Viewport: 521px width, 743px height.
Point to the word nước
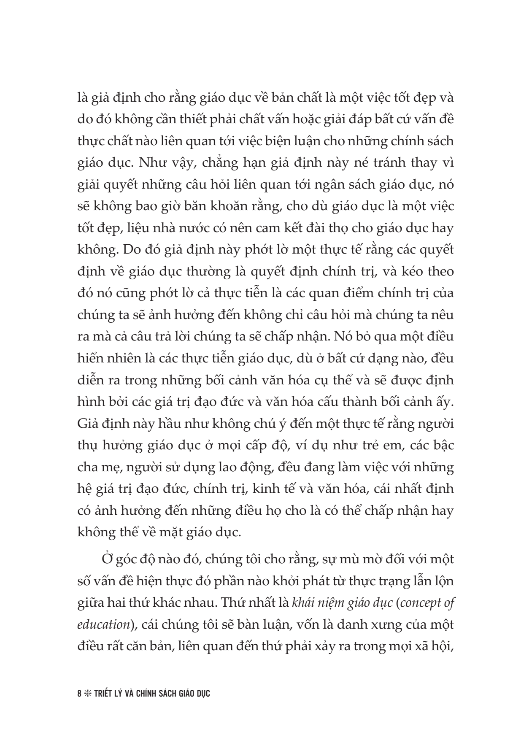[x=194, y=228]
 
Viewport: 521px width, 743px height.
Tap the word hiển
[x=91, y=359]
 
